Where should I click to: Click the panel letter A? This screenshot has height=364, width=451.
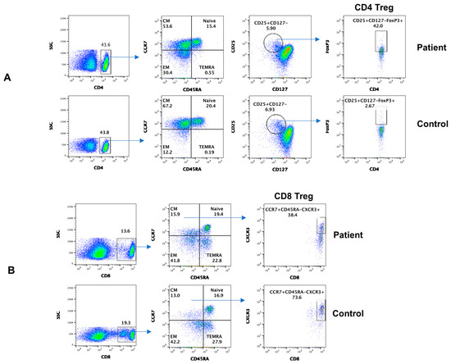(x=8, y=78)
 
